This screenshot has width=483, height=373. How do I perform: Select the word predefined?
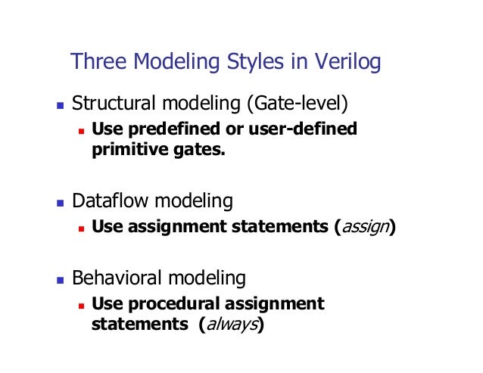coord(163,129)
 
